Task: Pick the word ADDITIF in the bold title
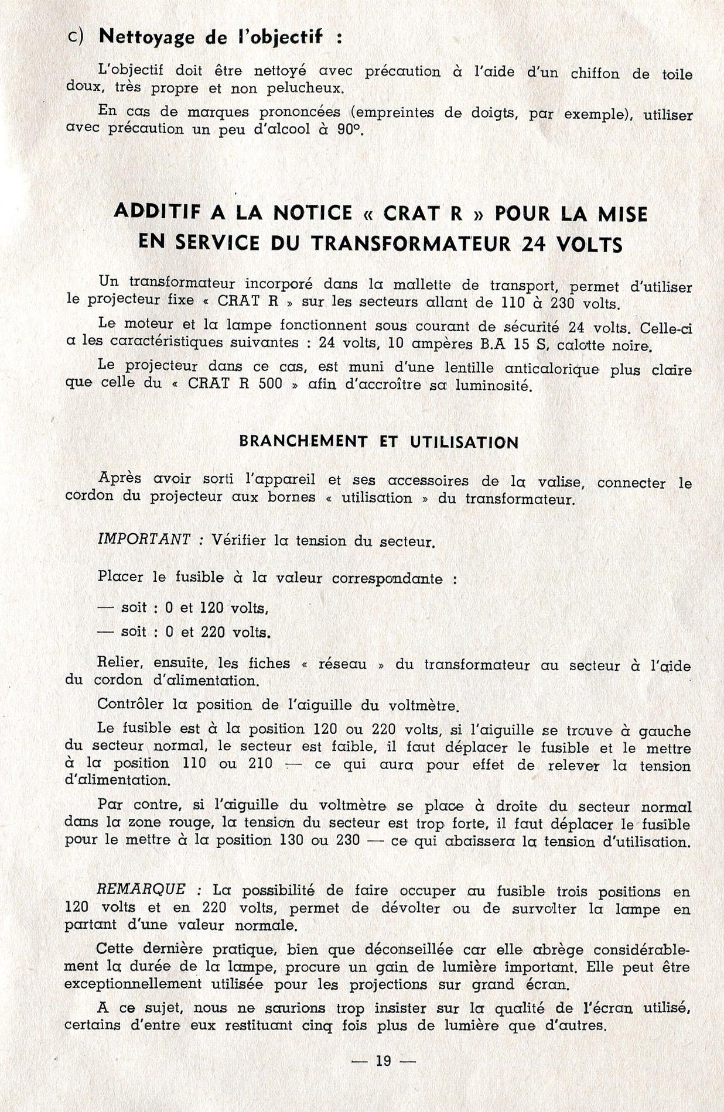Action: (x=156, y=212)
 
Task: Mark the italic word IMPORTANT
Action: (x=144, y=540)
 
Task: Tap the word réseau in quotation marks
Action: (x=342, y=664)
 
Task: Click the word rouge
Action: (x=187, y=822)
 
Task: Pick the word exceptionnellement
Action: (x=133, y=984)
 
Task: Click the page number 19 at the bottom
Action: (x=383, y=1060)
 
